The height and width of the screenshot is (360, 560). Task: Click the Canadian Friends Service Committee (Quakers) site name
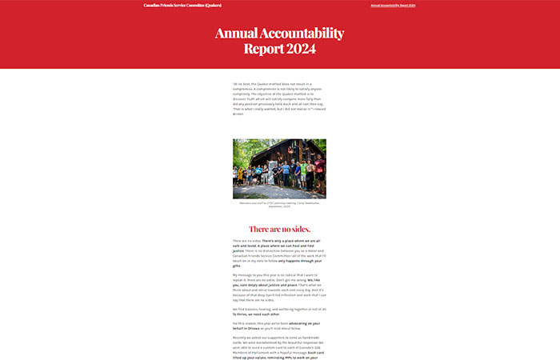182,6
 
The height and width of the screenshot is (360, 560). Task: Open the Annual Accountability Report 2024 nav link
393,6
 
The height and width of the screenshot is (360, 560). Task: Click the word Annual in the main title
238,34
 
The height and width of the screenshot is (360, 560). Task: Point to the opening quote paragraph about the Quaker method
279,98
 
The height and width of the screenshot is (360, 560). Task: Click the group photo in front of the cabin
279,169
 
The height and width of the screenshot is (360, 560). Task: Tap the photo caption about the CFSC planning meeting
279,205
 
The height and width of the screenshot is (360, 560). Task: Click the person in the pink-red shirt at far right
319,172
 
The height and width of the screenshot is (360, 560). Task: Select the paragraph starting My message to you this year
279,287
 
